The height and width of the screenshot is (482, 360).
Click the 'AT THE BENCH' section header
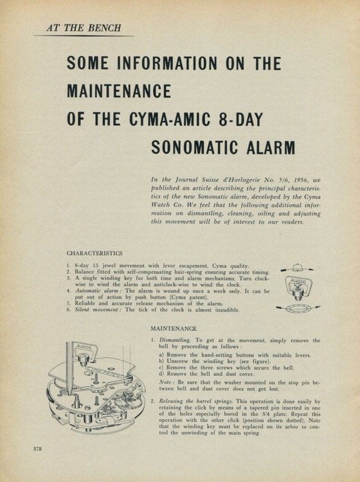pos(84,28)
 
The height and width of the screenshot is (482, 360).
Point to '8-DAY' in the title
pos(255,120)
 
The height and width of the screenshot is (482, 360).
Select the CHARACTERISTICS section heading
pos(94,253)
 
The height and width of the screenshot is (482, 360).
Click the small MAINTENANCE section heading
pos(173,328)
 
